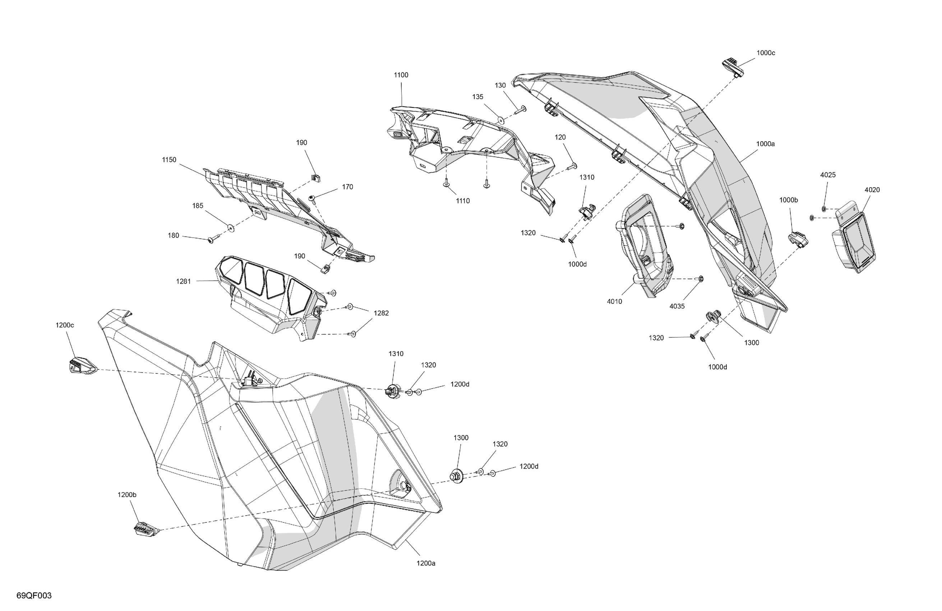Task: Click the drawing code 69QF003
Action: [34, 596]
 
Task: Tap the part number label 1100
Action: [401, 75]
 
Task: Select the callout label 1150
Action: [169, 160]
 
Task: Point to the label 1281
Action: [183, 281]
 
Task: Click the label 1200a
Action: [426, 563]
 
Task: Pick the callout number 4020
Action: [872, 190]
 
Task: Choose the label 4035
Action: [677, 306]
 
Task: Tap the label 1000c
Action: [766, 53]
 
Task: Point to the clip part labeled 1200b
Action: [146, 529]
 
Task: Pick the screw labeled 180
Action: [214, 239]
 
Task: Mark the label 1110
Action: [463, 201]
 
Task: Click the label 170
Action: [347, 187]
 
